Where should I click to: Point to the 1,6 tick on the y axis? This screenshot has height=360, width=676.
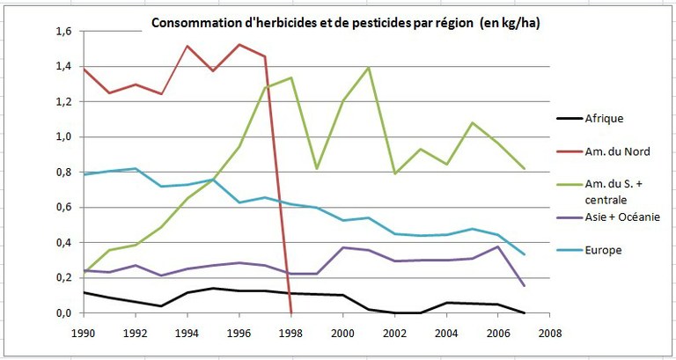(x=65, y=32)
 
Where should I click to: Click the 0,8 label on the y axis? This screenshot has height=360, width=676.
(x=65, y=173)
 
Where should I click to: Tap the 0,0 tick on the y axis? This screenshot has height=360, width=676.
(x=65, y=313)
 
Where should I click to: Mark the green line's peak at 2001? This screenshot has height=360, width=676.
(x=368, y=68)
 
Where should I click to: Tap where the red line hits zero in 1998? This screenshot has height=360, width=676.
(x=290, y=312)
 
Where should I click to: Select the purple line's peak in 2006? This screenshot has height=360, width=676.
(x=498, y=246)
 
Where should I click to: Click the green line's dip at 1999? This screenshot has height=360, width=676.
(x=316, y=168)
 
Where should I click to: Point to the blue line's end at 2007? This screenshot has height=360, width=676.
(x=524, y=254)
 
